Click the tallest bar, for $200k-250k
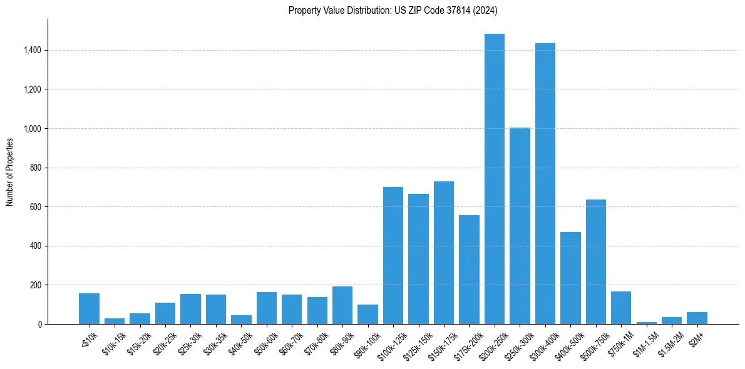pos(495,179)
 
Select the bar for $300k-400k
pos(545,184)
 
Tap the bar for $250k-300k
pos(520,226)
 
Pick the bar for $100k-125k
pos(393,256)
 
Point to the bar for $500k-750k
pos(596,262)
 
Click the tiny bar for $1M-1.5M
pos(647,323)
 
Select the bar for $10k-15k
pos(115,321)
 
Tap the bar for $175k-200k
pos(469,270)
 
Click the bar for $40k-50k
pos(241,320)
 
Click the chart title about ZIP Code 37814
pos(393,11)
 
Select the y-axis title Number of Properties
pos(10,171)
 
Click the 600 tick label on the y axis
pos(35,207)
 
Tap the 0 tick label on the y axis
pos(39,325)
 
